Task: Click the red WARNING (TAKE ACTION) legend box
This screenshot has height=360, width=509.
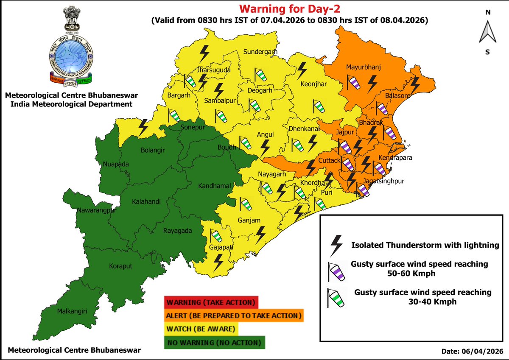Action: click(210, 303)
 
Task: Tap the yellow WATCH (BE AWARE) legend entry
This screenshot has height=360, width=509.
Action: click(201, 329)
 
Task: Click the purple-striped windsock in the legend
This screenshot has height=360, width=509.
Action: click(336, 272)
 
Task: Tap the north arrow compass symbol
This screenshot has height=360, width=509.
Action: click(487, 32)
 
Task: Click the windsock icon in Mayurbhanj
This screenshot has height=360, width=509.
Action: click(353, 83)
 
